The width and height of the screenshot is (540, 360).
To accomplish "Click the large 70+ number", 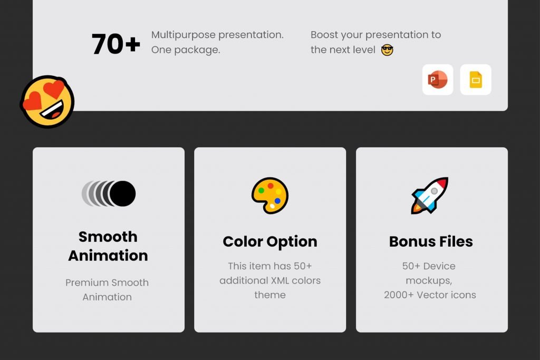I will [x=116, y=44].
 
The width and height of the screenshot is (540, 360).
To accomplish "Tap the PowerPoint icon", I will [x=438, y=80].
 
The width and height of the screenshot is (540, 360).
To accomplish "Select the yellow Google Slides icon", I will [x=476, y=80].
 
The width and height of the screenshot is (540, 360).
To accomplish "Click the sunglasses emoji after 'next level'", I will [x=387, y=50].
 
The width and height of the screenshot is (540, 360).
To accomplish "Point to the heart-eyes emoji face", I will [x=47, y=102].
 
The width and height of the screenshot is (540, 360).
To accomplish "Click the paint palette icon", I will [x=270, y=195].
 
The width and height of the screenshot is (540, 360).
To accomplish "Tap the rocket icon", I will [x=430, y=195].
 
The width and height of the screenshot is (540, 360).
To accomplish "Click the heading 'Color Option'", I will [x=270, y=241].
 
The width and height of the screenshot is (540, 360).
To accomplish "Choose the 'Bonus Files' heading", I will [x=431, y=241].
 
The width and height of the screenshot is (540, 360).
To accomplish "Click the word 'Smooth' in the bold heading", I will [x=108, y=237].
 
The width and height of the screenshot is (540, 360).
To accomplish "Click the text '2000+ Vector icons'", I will [x=430, y=295].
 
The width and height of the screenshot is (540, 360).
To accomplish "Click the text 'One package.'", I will [x=186, y=50].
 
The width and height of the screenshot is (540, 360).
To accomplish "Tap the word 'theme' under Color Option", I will [x=270, y=295].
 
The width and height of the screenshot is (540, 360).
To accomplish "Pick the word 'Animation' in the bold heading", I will [x=108, y=256].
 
